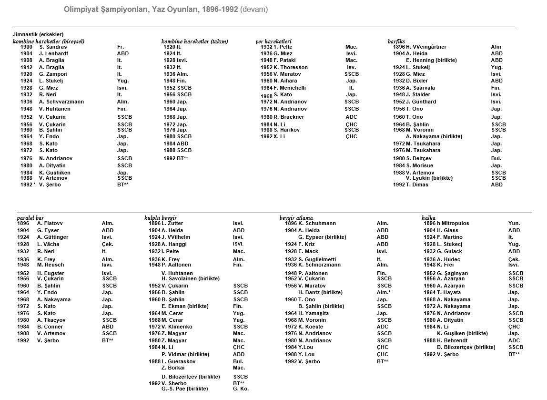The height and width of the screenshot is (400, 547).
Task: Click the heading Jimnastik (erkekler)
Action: [38, 35]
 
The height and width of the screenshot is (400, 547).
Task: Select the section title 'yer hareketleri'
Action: [273, 41]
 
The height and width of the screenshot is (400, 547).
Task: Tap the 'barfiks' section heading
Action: [396, 41]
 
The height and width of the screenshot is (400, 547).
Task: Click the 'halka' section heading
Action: [429, 217]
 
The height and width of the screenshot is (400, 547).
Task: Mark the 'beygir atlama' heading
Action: [296, 217]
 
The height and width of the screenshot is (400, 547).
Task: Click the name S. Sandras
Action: [53, 47]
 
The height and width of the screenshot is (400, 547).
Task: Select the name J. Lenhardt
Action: [54, 54]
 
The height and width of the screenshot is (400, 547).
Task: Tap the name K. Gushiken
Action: [55, 173]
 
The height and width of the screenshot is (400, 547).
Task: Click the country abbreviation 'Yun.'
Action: [514, 223]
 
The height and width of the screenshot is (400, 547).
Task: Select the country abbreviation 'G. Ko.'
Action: [241, 389]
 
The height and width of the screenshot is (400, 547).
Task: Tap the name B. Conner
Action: [50, 327]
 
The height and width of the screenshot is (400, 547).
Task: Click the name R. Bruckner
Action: [289, 117]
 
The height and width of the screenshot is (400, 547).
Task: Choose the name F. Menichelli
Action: [290, 88]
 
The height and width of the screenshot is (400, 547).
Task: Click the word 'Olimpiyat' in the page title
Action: [79, 9]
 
